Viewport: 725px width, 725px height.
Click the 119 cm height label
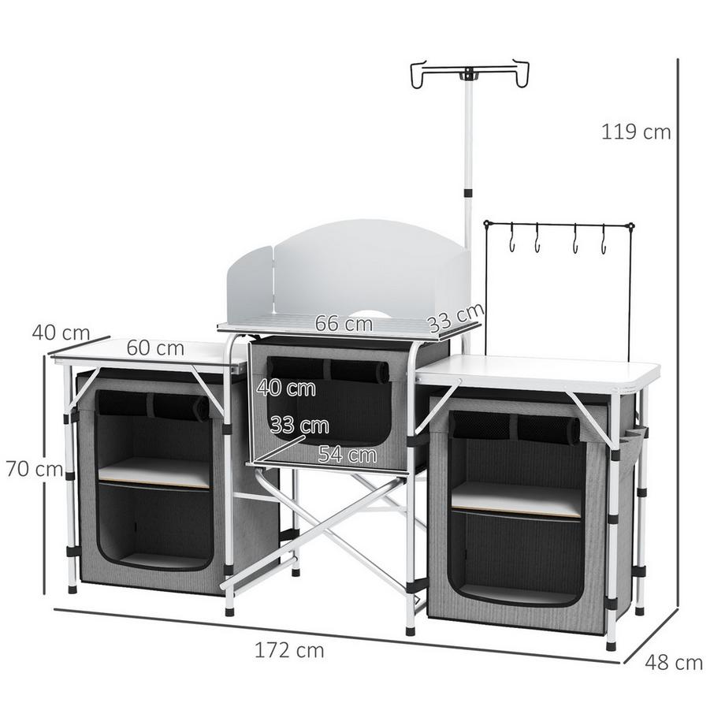tap(635, 132)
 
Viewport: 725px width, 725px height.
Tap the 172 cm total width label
tap(289, 650)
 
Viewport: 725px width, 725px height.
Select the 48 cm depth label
tap(673, 663)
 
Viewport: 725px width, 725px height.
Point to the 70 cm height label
tap(33, 469)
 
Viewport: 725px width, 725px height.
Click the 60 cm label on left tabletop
tap(155, 348)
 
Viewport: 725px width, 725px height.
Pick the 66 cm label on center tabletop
tap(344, 323)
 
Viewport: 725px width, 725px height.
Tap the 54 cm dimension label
tap(347, 454)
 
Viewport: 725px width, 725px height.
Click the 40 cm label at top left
tap(60, 333)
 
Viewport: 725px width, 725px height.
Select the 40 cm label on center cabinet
tap(286, 388)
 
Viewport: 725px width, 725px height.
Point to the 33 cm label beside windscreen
tap(455, 318)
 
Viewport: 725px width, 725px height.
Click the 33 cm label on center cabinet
tap(299, 426)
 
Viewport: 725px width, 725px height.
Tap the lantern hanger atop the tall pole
tap(469, 72)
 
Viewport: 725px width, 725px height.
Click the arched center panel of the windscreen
tap(355, 268)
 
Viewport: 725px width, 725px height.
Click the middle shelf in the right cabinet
tap(516, 498)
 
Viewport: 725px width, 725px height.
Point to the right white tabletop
tap(544, 370)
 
